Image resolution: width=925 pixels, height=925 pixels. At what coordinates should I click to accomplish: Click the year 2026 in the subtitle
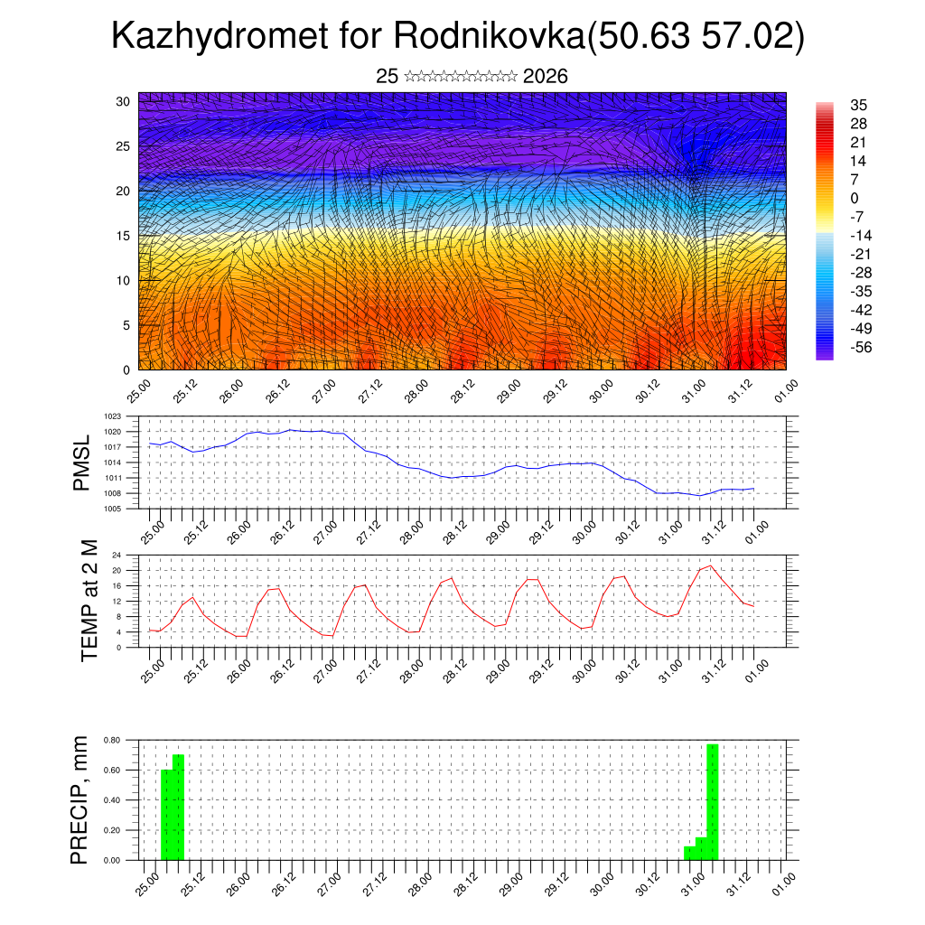pyautogui.click(x=545, y=77)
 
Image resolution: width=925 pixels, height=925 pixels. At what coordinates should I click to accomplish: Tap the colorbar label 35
pyautogui.click(x=859, y=106)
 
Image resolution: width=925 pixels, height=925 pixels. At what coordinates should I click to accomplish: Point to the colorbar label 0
pyautogui.click(x=855, y=198)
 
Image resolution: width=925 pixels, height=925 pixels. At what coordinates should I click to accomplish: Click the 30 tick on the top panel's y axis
pyautogui.click(x=123, y=101)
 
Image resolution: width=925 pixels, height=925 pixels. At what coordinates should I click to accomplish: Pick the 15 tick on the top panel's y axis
pyautogui.click(x=123, y=236)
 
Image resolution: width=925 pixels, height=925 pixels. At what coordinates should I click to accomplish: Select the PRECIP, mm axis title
pyautogui.click(x=82, y=799)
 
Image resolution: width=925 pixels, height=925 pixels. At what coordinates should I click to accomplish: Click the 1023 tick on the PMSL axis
pyautogui.click(x=112, y=416)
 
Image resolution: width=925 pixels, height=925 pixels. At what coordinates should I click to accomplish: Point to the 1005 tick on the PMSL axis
pyautogui.click(x=112, y=509)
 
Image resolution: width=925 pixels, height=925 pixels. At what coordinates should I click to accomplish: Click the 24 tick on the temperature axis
pyautogui.click(x=117, y=555)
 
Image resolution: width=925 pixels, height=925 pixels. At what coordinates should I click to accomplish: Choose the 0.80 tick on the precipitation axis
pyautogui.click(x=112, y=740)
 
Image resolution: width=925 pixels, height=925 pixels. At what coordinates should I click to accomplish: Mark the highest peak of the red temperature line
pyautogui.click(x=710, y=566)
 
